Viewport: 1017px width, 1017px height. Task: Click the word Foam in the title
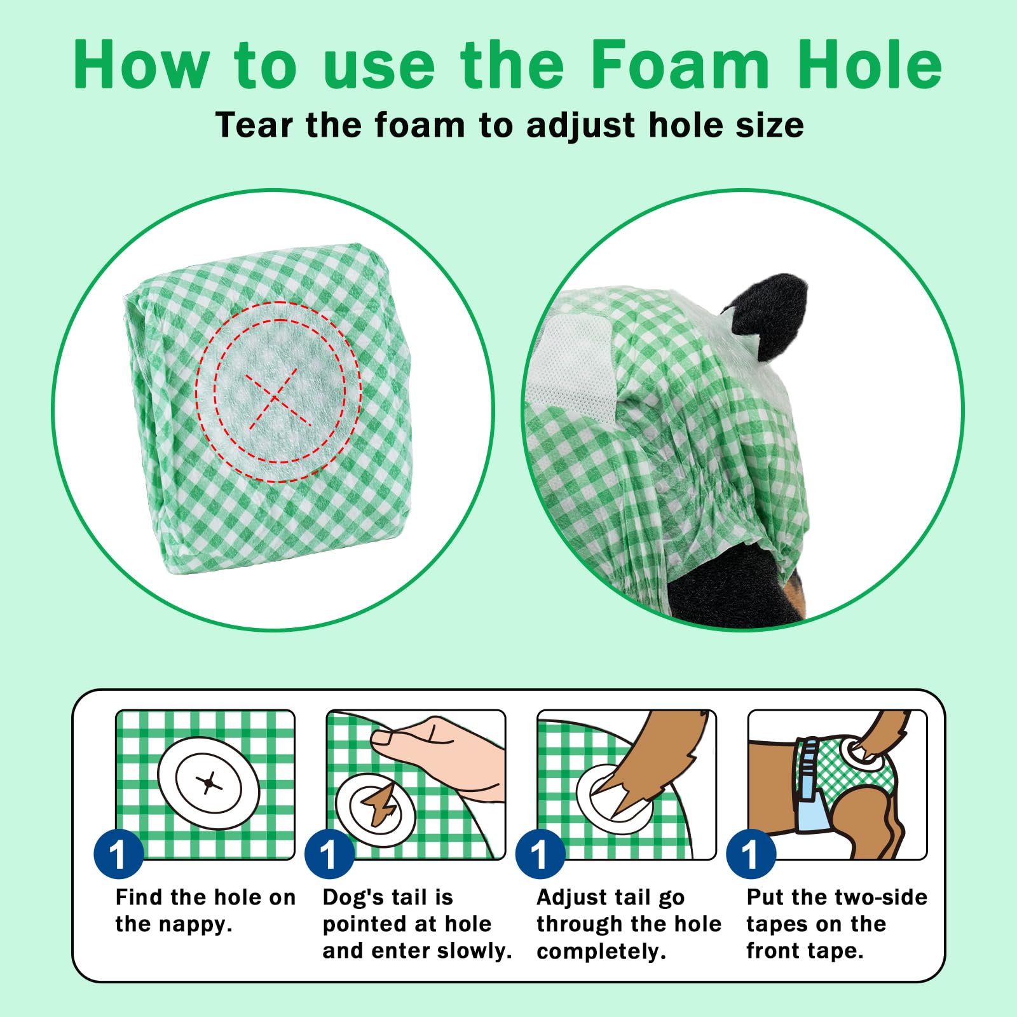pyautogui.click(x=679, y=64)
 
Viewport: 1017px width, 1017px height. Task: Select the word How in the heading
pyautogui.click(x=140, y=64)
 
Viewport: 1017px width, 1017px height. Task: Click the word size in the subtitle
pyautogui.click(x=769, y=125)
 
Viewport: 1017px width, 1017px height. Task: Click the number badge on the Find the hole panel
pyautogui.click(x=118, y=854)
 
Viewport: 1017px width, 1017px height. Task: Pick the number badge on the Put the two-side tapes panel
pyautogui.click(x=751, y=854)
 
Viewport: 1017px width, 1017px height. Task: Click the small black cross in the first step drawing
pyautogui.click(x=209, y=783)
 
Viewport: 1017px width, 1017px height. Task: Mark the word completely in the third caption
pyautogui.click(x=601, y=952)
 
